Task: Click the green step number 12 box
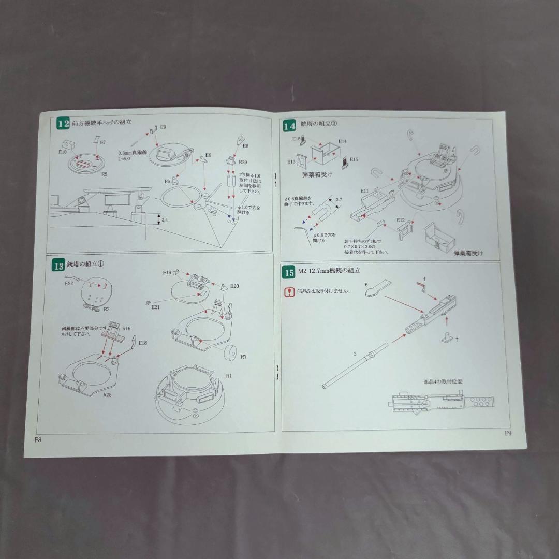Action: (x=63, y=124)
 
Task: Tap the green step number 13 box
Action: (x=58, y=266)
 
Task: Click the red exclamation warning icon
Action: (x=289, y=292)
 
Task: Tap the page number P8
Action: (x=38, y=440)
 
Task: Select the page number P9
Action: (x=508, y=434)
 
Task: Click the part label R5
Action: (x=104, y=174)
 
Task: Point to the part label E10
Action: (x=63, y=153)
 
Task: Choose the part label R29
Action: (x=243, y=163)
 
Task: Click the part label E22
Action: (x=69, y=283)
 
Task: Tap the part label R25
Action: (x=107, y=394)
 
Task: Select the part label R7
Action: (x=243, y=357)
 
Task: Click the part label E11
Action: (x=365, y=190)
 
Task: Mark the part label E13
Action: (x=291, y=161)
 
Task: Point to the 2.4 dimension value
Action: (x=165, y=219)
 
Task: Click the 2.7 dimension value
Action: (x=339, y=199)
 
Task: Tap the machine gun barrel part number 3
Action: (x=355, y=354)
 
